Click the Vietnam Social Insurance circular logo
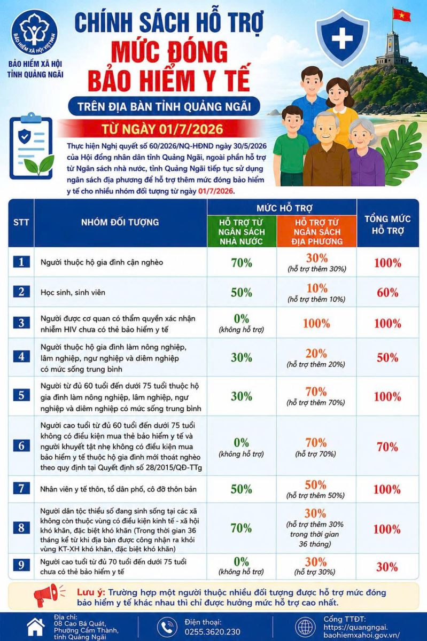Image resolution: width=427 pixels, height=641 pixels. [34, 32]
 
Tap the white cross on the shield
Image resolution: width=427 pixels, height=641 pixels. [342, 38]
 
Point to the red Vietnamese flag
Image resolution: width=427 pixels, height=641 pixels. [401, 15]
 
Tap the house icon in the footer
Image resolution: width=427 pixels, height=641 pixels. [36, 627]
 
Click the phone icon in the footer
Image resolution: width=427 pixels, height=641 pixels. [167, 627]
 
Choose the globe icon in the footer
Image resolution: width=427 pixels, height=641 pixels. [305, 627]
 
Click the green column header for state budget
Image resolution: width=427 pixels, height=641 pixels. [242, 231]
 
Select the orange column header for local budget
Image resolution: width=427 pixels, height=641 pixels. [317, 231]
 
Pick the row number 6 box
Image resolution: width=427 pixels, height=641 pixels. [21, 445]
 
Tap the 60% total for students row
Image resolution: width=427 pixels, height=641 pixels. [387, 293]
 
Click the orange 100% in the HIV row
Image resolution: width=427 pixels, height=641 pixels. [316, 323]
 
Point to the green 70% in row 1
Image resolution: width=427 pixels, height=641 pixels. [242, 263]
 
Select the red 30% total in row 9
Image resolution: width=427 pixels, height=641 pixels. [387, 567]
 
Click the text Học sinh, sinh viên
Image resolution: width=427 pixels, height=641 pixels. [73, 293]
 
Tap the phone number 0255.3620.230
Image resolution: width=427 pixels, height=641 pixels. [212, 631]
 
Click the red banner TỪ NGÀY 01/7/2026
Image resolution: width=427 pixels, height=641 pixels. [162, 129]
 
